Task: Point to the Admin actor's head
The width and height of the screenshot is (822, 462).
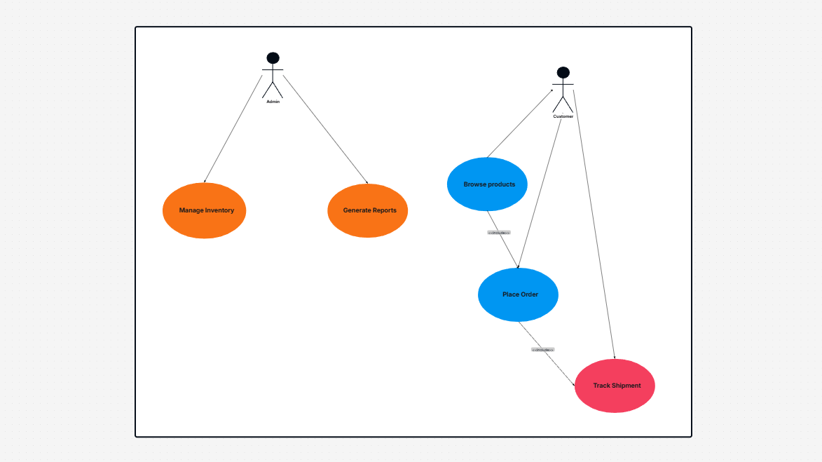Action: click(x=273, y=58)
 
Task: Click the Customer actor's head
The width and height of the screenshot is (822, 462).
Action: click(x=563, y=72)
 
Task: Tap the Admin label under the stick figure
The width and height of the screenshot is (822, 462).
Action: click(x=273, y=102)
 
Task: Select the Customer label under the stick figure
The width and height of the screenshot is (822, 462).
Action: click(x=563, y=116)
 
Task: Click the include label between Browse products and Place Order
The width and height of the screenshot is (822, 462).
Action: click(x=499, y=232)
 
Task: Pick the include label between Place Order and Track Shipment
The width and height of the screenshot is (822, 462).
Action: click(x=542, y=349)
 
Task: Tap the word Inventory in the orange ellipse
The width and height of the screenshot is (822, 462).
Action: click(x=220, y=210)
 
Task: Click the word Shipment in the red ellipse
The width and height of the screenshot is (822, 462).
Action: click(x=626, y=386)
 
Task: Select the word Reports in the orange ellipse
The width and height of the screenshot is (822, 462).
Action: click(x=384, y=210)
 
